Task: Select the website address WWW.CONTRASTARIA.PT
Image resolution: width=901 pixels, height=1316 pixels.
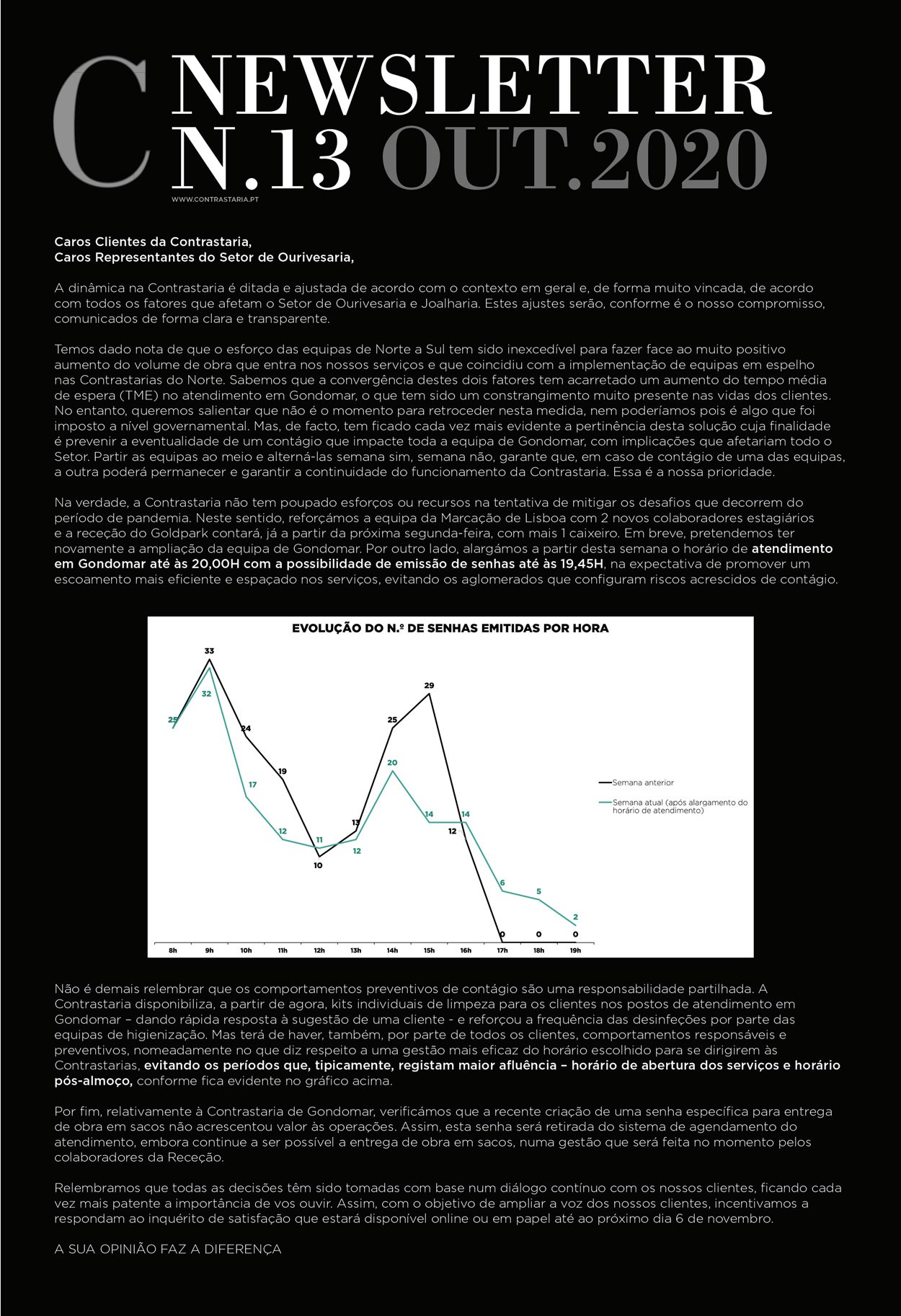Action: point(215,199)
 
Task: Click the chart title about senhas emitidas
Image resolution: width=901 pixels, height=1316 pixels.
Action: point(450,629)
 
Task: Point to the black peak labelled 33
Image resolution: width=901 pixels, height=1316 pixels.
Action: point(210,658)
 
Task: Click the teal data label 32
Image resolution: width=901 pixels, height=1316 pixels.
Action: point(207,694)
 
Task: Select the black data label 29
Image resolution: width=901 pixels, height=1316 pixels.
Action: point(429,686)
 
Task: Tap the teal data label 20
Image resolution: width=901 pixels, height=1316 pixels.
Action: point(392,763)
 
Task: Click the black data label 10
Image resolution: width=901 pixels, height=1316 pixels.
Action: point(318,865)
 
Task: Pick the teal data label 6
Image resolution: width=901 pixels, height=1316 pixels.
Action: point(502,883)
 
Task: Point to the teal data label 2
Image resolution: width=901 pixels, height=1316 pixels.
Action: point(575,917)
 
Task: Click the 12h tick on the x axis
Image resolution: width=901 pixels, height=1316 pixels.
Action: point(319,950)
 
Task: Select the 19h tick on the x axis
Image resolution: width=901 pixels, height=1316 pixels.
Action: point(575,950)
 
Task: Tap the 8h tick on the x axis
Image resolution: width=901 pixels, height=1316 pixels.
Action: point(173,950)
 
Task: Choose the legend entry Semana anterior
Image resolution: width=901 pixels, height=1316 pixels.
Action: point(642,782)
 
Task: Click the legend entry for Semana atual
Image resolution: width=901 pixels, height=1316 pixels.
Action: point(679,806)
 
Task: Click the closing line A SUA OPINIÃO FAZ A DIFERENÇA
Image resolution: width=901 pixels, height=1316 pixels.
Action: point(168,1249)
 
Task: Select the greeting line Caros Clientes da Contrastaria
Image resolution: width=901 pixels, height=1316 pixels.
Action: point(153,242)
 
